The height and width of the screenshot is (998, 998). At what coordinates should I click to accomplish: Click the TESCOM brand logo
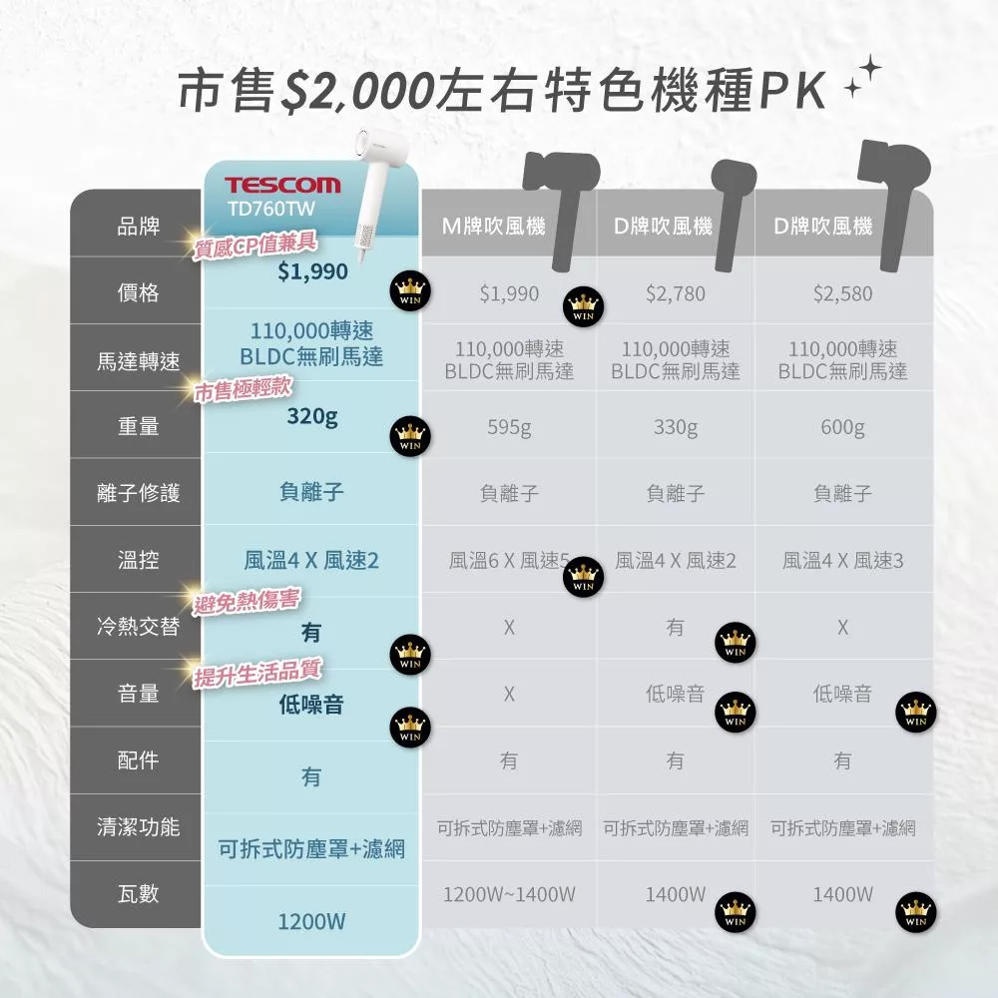282,185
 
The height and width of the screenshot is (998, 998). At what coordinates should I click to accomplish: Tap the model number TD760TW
271,209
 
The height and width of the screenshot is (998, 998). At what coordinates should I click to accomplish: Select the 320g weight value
311,416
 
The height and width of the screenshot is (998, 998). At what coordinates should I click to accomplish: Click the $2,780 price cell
676,293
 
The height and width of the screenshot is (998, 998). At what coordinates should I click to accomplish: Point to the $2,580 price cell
842,293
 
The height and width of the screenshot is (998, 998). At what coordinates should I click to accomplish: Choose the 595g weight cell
509,427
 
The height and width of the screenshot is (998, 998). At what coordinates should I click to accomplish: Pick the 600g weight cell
842,427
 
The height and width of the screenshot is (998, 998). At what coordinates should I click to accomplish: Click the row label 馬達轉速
138,361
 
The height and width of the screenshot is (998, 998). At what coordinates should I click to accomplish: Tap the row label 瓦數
138,893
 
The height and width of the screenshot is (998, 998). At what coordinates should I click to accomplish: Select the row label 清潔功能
138,826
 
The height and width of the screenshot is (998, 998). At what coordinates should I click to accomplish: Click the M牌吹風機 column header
493,226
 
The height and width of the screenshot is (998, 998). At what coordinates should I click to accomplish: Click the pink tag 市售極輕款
244,389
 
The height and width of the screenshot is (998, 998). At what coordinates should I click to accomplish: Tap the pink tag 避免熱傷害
247,600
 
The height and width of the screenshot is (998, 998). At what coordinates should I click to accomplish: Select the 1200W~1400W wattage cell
509,894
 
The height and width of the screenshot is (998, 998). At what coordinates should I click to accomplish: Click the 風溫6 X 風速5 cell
509,561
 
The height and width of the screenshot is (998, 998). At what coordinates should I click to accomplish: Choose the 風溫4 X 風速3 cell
842,561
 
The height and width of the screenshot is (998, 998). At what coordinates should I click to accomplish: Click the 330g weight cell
676,427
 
